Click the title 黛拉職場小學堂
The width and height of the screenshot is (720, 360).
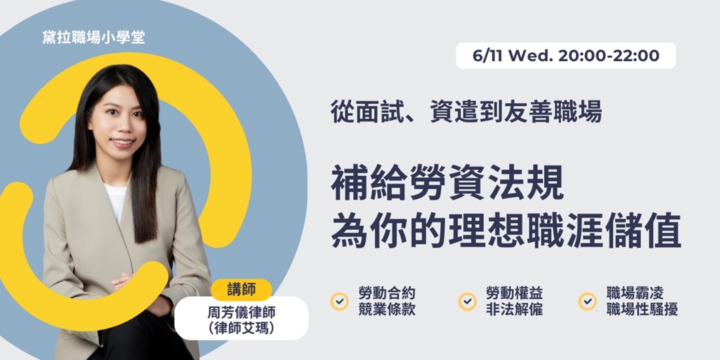point(93,37)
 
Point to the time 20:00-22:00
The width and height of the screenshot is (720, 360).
point(609,56)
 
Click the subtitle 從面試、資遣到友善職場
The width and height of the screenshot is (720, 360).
point(466,111)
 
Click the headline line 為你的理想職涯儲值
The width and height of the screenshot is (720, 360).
point(506,231)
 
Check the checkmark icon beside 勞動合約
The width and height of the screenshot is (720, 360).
point(339,301)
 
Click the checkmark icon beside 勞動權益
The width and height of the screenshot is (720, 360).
point(467,301)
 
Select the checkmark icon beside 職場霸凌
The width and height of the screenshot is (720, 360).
point(587,301)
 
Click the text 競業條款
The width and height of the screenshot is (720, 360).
point(387,310)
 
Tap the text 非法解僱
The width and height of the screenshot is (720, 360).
point(514,310)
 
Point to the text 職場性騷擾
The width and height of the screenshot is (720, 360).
point(642,310)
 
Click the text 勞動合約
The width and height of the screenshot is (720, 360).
point(387,294)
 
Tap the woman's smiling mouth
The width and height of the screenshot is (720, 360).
point(123,142)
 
